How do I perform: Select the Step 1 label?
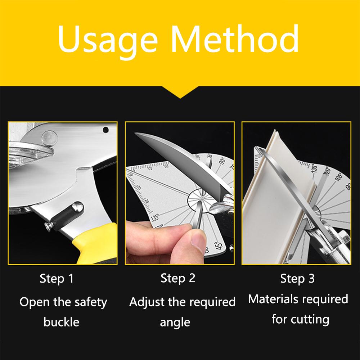57,279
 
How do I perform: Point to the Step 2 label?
178,278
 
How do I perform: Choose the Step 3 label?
297,278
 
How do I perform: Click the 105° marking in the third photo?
338,177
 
